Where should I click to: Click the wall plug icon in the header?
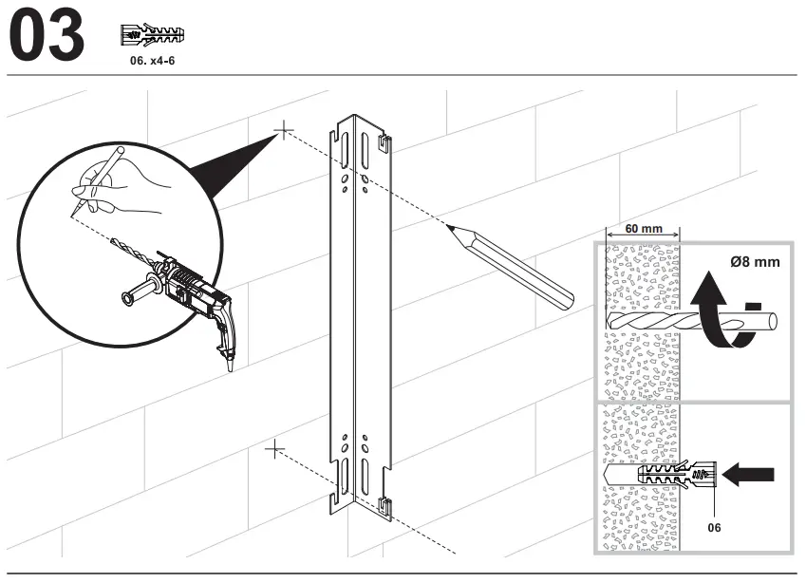[152, 35]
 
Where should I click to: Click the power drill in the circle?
[195, 294]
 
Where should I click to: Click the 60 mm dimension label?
[645, 228]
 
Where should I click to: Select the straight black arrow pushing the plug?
[749, 472]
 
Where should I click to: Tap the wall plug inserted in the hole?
[675, 472]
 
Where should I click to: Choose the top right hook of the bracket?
[384, 143]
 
